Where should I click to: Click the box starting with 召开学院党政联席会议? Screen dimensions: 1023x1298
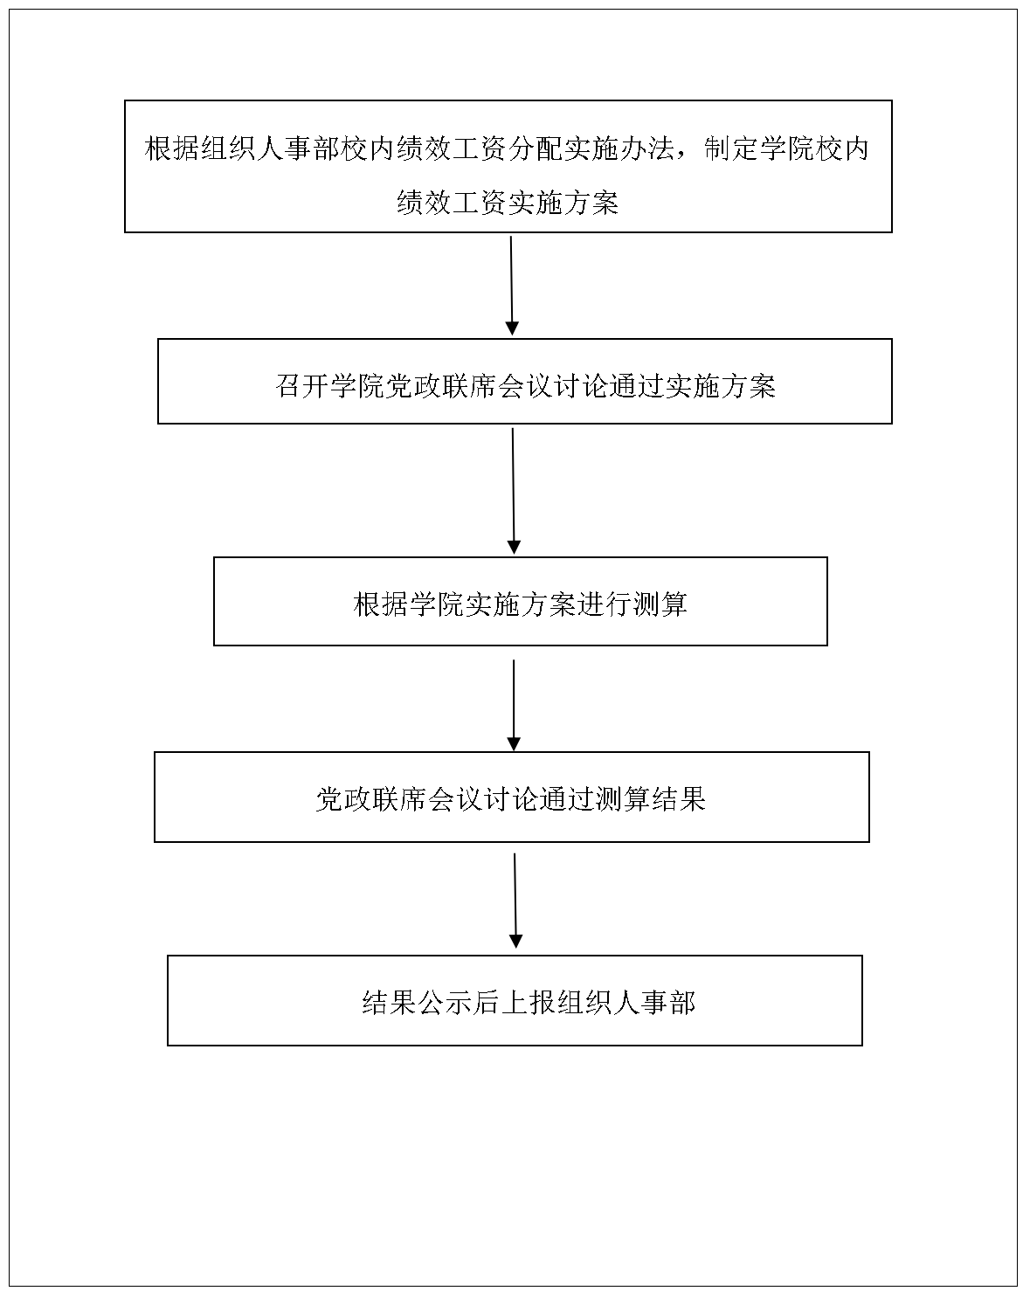[x=524, y=381]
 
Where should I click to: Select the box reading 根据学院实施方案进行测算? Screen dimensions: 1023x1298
[x=520, y=601]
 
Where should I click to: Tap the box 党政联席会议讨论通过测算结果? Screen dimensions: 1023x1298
[x=512, y=797]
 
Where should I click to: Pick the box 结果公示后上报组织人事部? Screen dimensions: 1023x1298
[x=515, y=1000]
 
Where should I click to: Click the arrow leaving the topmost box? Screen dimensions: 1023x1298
[x=512, y=286]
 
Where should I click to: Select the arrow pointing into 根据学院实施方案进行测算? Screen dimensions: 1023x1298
[x=514, y=491]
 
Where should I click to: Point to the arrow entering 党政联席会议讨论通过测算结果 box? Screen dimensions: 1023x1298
[x=514, y=705]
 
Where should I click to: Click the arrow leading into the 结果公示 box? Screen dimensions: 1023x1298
[x=515, y=901]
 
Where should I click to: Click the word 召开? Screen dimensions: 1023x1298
[x=302, y=386]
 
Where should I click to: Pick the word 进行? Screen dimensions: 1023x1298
[x=604, y=604]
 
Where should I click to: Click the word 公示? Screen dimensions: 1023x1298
[x=446, y=1003]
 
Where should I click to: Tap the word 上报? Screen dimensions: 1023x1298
[x=529, y=1003]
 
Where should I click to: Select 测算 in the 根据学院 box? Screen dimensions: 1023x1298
[x=660, y=604]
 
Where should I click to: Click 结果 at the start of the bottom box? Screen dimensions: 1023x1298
[x=390, y=1003]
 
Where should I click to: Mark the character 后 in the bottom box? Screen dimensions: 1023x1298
[x=487, y=1003]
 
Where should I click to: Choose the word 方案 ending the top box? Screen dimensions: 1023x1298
[x=591, y=203]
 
